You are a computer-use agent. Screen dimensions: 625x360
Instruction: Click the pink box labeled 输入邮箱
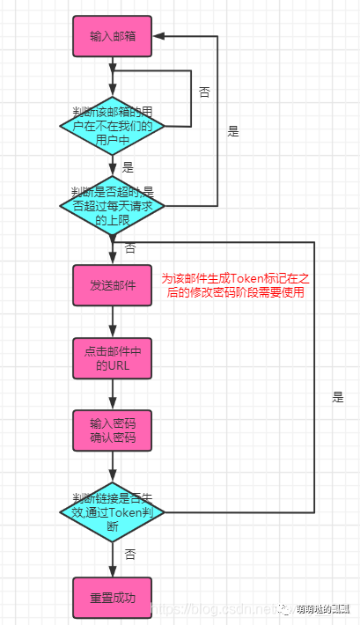click(x=113, y=37)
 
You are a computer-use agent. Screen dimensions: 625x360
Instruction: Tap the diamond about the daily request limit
click(x=112, y=206)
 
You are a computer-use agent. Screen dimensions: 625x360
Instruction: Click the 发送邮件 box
click(x=113, y=285)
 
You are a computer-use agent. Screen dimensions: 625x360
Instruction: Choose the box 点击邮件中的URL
click(x=113, y=357)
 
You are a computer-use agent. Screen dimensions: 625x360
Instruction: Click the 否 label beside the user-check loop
click(x=204, y=92)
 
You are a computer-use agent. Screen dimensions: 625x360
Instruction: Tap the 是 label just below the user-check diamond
click(x=128, y=167)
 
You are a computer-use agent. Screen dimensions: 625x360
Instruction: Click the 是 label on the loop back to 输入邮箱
click(x=233, y=131)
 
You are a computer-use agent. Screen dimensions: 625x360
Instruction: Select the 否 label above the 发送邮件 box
click(x=129, y=249)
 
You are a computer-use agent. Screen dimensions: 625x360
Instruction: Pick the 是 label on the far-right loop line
click(x=338, y=397)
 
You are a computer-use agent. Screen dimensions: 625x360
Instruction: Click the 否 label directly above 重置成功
click(x=129, y=555)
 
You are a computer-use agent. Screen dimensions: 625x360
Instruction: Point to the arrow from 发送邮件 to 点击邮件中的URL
click(x=112, y=320)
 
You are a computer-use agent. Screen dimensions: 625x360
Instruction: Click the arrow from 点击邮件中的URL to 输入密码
click(x=112, y=393)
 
